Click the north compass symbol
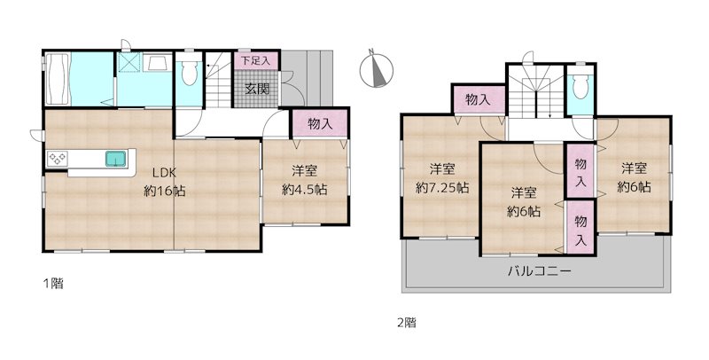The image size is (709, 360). [376, 70]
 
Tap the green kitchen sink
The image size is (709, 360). [117, 159]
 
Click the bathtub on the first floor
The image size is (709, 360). [58, 79]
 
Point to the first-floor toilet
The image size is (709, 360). [189, 72]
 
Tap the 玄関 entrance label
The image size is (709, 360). [257, 89]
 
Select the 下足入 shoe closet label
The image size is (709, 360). [255, 61]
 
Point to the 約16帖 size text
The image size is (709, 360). [165, 191]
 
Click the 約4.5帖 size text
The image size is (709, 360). [304, 190]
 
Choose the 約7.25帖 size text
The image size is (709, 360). [441, 188]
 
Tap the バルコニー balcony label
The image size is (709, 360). [540, 271]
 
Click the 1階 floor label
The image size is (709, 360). [53, 284]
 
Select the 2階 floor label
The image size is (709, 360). [407, 323]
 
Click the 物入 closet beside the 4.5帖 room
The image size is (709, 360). [320, 123]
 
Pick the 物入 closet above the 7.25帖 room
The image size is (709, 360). [479, 99]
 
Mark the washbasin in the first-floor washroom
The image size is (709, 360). [158, 62]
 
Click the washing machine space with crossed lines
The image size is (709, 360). [129, 62]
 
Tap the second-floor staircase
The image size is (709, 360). [536, 92]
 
